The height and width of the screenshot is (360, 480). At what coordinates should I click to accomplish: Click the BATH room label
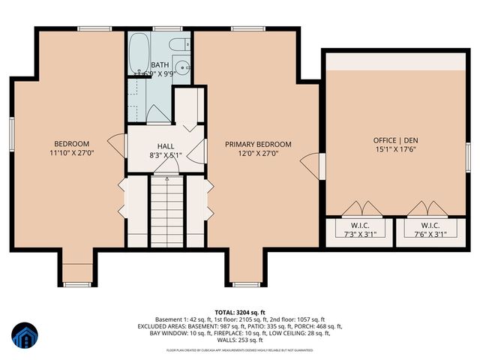[160, 65]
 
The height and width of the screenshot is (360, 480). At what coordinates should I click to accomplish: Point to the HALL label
[166, 146]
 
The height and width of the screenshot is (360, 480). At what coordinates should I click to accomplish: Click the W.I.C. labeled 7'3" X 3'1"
[357, 229]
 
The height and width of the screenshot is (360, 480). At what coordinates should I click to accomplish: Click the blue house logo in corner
[25, 336]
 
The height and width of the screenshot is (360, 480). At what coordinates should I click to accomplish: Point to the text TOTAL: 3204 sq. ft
[241, 310]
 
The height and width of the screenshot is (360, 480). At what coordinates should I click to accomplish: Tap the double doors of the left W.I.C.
[357, 208]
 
